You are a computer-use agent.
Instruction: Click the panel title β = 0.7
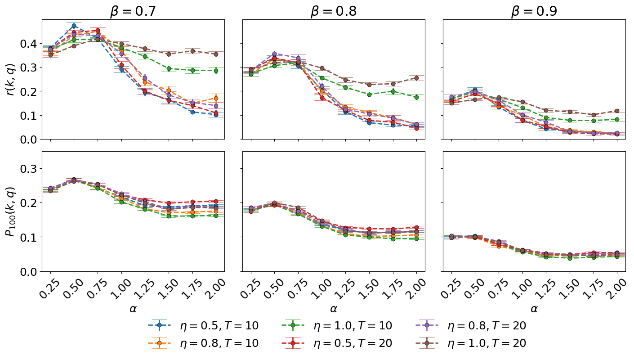(x=133, y=11)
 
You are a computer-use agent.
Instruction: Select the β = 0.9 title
(x=534, y=11)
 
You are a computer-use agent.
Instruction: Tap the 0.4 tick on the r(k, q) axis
(x=29, y=44)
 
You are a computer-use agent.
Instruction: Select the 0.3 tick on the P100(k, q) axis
(x=29, y=169)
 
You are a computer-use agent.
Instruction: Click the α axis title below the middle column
(x=334, y=309)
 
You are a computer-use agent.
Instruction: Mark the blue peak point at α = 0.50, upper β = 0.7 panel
(x=74, y=26)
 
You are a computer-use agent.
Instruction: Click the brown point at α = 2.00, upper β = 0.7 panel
(x=216, y=54)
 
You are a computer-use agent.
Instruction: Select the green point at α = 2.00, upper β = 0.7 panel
(x=216, y=71)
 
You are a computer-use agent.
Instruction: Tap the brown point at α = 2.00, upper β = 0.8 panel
(x=417, y=78)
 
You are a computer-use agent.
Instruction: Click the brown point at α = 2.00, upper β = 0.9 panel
(x=617, y=111)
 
